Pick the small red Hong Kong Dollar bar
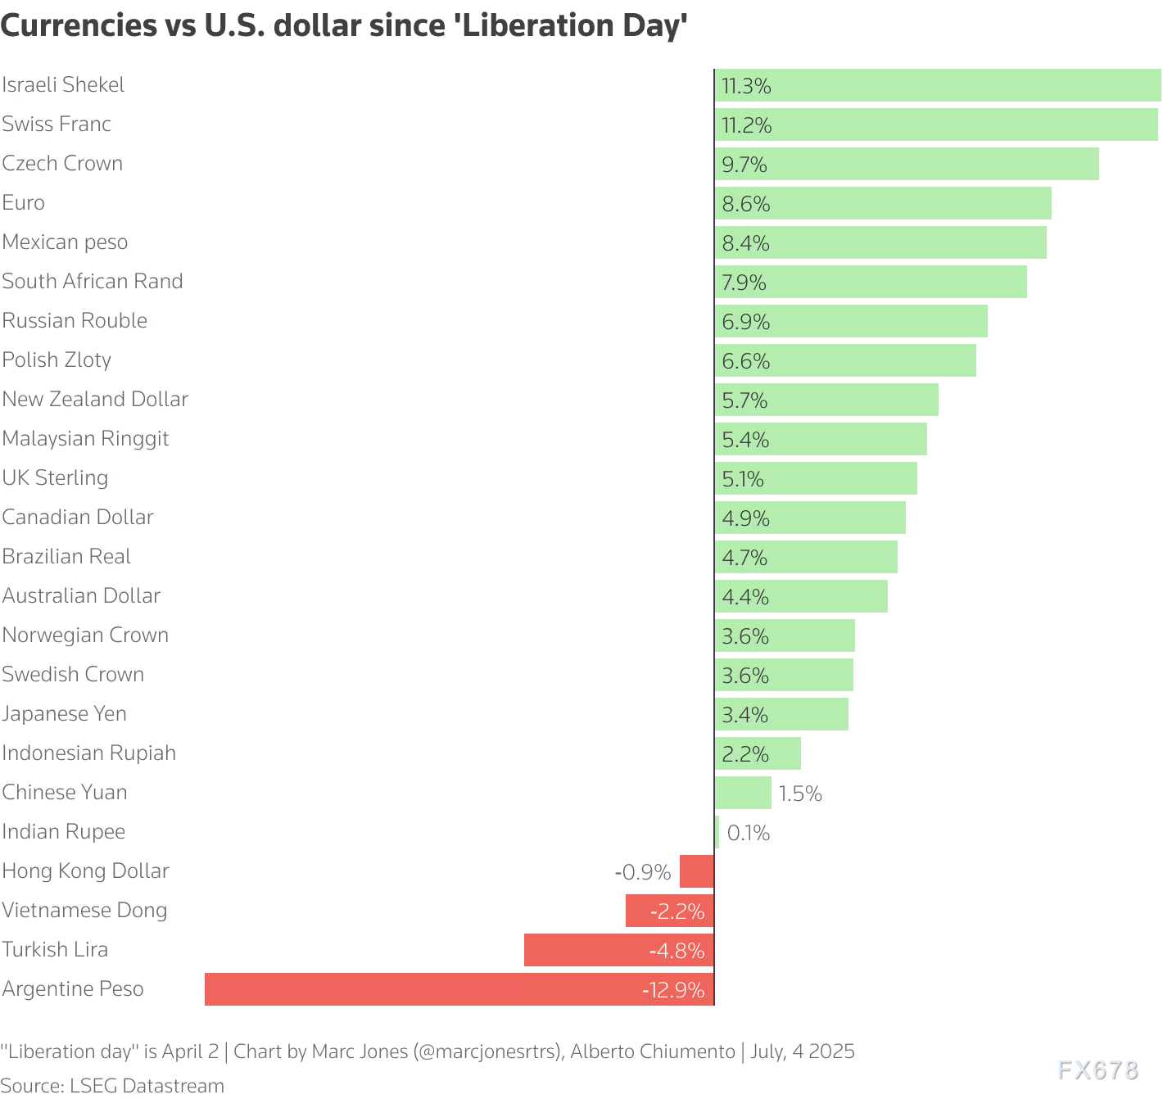click(697, 871)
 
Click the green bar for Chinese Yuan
click(744, 793)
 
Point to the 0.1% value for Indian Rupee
click(749, 833)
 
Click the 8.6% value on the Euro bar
click(746, 204)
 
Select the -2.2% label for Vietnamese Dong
click(677, 911)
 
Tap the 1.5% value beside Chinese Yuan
click(800, 794)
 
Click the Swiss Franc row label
click(57, 124)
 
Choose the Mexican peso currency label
click(65, 242)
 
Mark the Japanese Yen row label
click(65, 714)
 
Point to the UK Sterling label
click(55, 478)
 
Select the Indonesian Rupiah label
click(89, 753)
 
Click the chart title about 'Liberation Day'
click(343, 25)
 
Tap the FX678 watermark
click(1097, 1070)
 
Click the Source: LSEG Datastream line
click(112, 1086)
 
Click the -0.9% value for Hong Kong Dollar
click(643, 872)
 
